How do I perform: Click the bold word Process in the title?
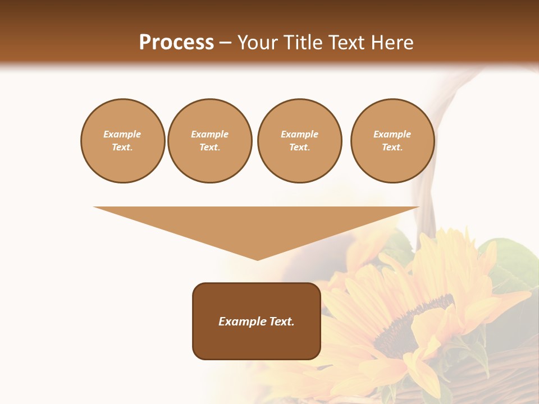[x=176, y=43]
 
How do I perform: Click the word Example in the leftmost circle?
[x=122, y=134]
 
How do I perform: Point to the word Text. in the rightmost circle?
[x=392, y=147]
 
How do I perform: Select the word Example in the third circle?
[x=299, y=134]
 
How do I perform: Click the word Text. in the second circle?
[x=209, y=147]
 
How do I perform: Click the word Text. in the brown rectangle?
[x=282, y=322]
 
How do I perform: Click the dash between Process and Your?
[x=225, y=43]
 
